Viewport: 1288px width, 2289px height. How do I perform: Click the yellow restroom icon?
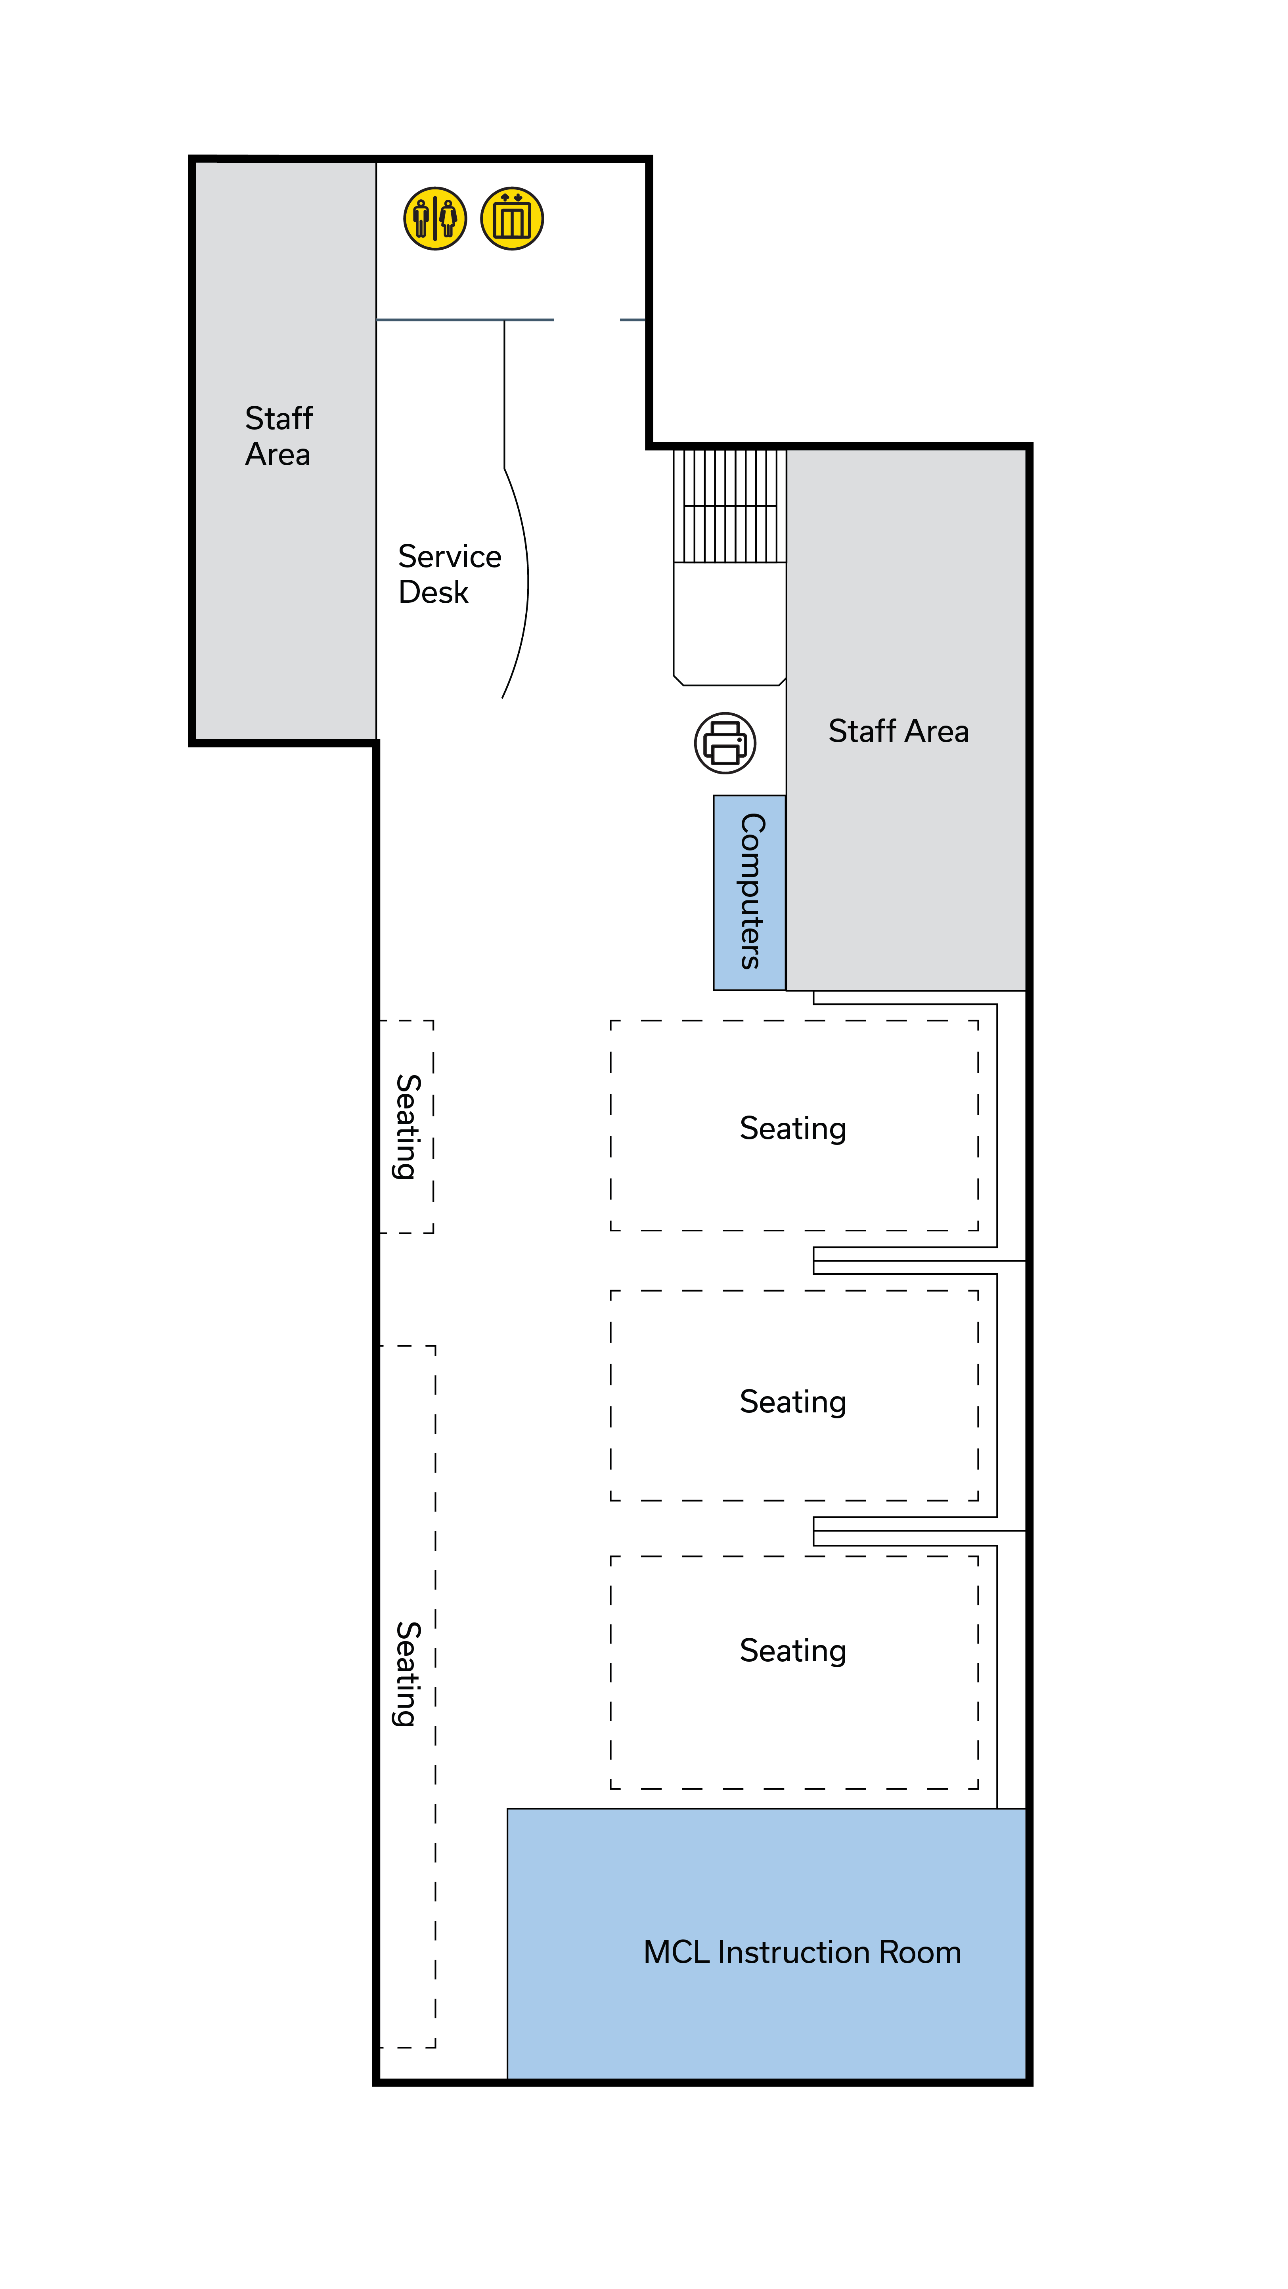434,219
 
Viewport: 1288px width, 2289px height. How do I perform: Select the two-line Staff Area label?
278,436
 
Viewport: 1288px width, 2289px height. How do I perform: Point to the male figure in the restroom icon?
421,219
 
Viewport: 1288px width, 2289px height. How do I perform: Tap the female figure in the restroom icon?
448,219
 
